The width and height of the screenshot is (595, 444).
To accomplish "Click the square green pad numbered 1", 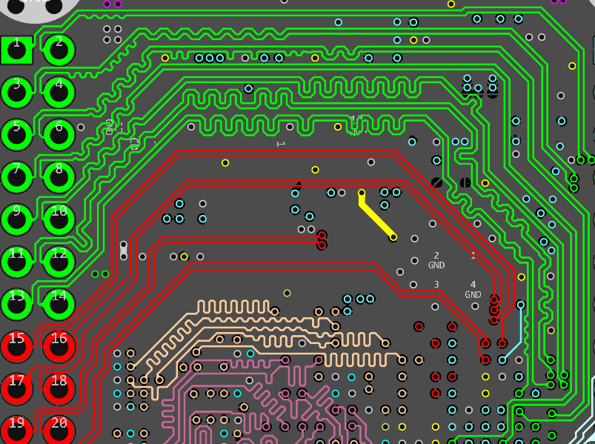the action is click(x=16, y=50).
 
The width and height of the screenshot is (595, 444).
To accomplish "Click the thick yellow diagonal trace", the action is click(x=377, y=216).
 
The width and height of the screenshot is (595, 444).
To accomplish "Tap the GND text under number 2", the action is click(x=436, y=265).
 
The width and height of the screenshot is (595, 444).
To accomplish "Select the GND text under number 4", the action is click(x=473, y=294).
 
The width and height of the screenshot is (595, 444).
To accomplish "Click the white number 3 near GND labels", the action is click(x=436, y=285).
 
